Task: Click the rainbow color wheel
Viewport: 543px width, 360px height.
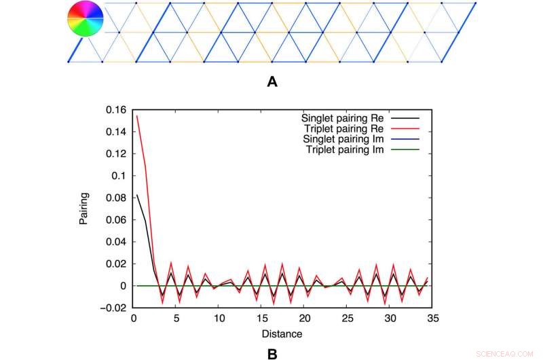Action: point(86,18)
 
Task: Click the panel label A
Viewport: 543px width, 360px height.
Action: point(272,82)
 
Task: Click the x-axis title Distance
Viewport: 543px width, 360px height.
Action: point(282,334)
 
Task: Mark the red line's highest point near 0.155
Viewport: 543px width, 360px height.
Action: point(136,115)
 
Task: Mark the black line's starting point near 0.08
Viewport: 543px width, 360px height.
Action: point(136,196)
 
